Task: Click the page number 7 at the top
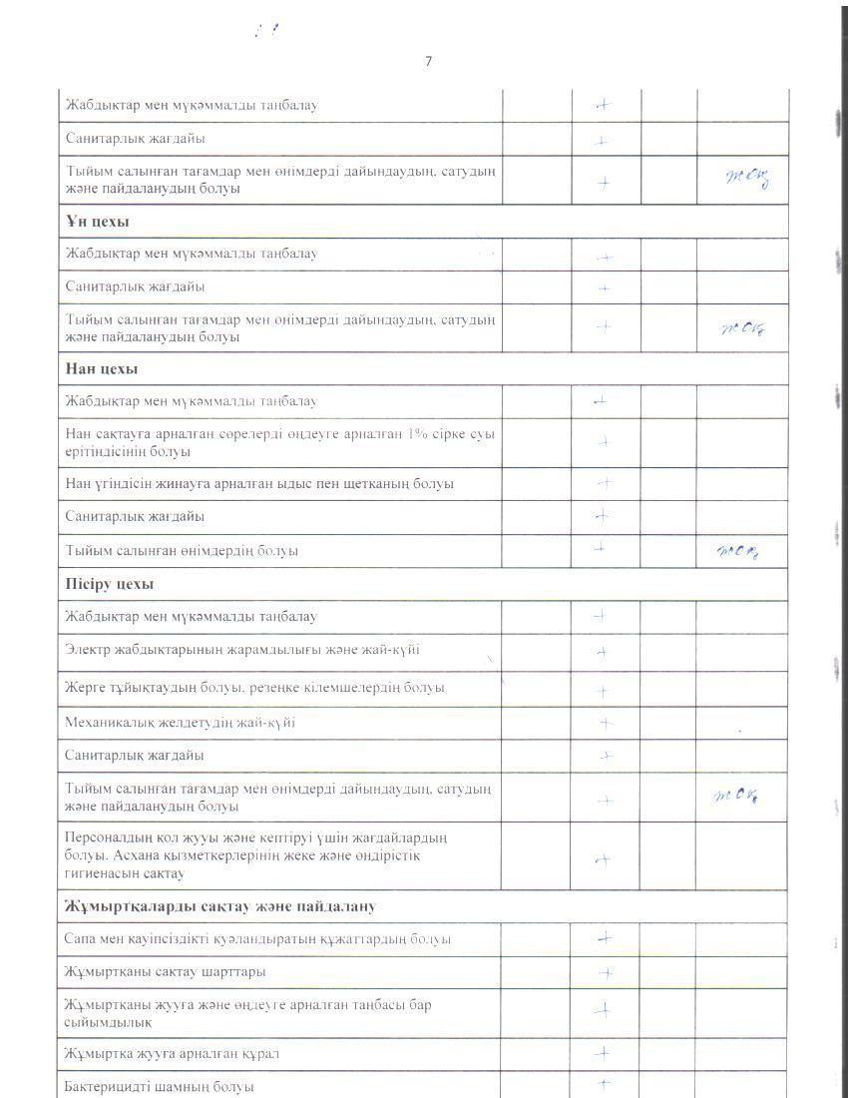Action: click(x=428, y=62)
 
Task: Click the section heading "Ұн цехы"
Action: click(x=97, y=221)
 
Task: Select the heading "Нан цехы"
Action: click(x=101, y=368)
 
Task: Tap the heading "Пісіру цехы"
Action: click(x=109, y=584)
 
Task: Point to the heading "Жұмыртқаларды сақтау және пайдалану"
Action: click(x=218, y=906)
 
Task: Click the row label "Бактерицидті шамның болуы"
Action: click(x=159, y=1086)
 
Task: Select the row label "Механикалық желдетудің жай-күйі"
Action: click(x=180, y=722)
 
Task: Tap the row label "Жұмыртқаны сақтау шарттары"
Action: click(x=165, y=971)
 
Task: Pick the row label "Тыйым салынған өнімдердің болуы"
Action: click(x=182, y=550)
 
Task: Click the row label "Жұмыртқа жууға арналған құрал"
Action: click(x=178, y=1053)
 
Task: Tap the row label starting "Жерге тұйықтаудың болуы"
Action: click(x=254, y=689)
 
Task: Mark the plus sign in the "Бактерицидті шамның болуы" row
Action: click(x=603, y=1083)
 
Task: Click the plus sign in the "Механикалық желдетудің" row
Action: click(x=604, y=722)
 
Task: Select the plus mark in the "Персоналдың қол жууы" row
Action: click(x=602, y=859)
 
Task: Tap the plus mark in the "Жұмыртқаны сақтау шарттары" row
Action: click(x=605, y=971)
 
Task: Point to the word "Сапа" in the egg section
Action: click(x=80, y=938)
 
